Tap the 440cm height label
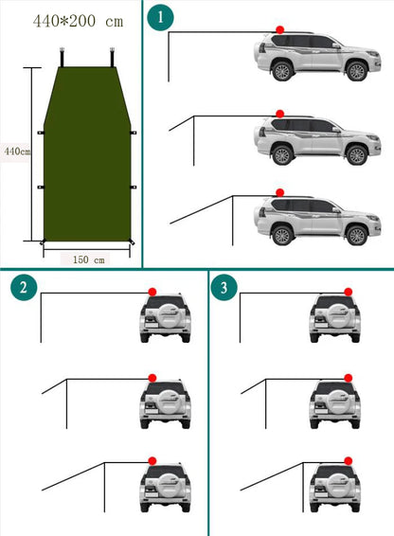click(16, 152)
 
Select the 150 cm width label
click(86, 258)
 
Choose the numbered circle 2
click(21, 289)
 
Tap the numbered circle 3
click(224, 289)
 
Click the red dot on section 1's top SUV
click(279, 29)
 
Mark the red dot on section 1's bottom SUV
click(279, 192)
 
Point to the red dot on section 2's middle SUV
click(152, 376)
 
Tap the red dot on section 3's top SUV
click(349, 290)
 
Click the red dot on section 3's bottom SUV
click(349, 460)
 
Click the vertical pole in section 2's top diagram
click(41, 318)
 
